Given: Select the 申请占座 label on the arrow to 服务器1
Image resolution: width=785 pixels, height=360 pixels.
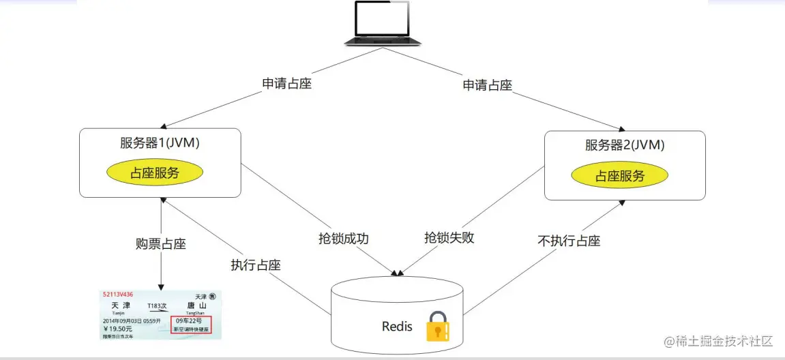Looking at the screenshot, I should pos(288,85).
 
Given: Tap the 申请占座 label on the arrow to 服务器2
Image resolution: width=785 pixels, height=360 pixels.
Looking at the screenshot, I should pos(488,85).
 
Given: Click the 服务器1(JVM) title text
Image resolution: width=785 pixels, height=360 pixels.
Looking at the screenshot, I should pos(160,144).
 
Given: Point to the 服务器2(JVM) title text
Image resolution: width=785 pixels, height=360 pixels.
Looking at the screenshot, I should pos(625,145).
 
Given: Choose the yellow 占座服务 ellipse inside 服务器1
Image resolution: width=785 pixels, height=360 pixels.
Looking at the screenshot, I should pos(155,172).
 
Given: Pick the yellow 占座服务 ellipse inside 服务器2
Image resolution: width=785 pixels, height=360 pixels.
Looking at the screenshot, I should pos(620,175).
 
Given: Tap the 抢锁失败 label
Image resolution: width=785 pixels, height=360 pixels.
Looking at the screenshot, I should pos(449,238).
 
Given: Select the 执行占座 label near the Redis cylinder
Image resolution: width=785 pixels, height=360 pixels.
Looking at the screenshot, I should pos(256,266).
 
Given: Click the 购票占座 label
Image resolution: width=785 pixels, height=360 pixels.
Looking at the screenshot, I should pos(161,244).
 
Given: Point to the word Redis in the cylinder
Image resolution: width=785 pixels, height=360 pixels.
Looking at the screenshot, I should pos(397,327).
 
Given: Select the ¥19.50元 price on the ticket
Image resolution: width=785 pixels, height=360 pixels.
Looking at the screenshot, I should pos(118,328).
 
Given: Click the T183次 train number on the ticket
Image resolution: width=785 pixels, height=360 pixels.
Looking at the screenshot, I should pos(158,305).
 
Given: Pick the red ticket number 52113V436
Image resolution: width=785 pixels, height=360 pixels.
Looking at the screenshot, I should pos(118,295).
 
